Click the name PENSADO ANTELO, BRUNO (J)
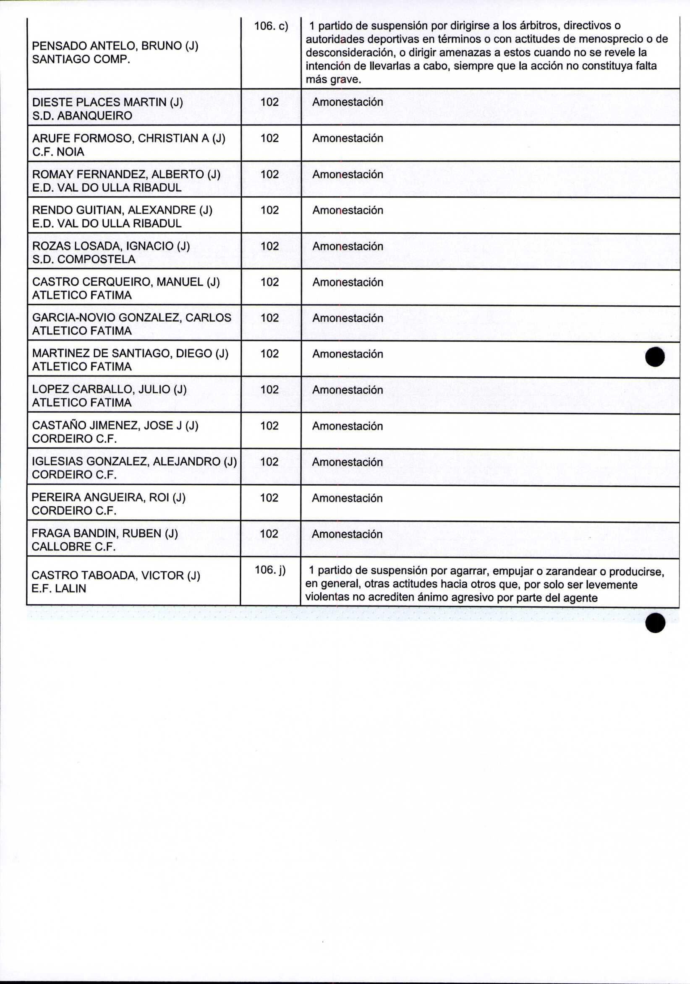115,46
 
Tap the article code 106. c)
271,26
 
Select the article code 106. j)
270,570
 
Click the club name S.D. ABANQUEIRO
82,116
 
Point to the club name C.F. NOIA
58,152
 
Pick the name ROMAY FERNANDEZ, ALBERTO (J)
126,174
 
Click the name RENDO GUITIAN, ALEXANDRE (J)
122,210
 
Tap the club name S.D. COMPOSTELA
84,259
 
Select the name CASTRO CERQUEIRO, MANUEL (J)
125,282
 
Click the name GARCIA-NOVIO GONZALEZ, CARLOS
131,318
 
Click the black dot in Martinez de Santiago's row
654,357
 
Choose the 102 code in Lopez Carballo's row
270,390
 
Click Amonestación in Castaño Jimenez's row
348,426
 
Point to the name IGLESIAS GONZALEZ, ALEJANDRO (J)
134,461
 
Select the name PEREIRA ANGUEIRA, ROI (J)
109,497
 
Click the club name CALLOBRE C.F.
73,547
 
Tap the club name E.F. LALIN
59,588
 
